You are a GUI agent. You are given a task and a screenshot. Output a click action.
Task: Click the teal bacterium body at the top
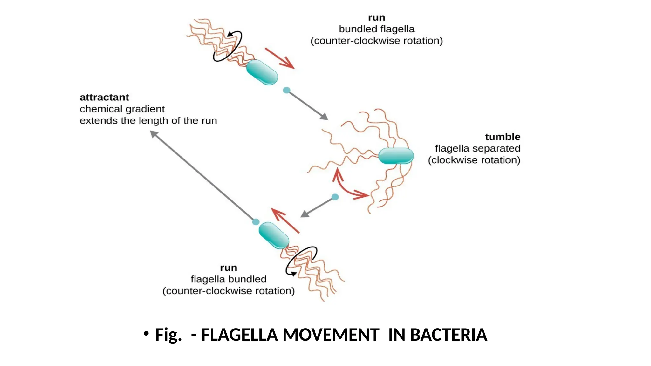(262, 72)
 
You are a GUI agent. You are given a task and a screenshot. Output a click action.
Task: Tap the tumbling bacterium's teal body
(396, 156)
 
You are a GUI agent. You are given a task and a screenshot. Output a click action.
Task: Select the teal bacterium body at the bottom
(274, 235)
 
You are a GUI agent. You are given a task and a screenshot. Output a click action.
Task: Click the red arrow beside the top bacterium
(280, 58)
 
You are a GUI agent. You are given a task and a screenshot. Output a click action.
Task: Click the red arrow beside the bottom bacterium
(285, 220)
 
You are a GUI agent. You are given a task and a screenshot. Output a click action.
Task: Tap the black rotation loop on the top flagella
(228, 46)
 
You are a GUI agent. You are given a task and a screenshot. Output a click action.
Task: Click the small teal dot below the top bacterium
(286, 90)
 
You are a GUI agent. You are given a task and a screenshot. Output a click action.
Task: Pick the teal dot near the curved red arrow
(335, 197)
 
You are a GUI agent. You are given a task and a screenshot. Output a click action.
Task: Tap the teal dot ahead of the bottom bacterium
(256, 222)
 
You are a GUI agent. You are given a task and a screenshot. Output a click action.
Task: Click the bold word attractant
(104, 97)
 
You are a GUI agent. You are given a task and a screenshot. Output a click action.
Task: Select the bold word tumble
(503, 137)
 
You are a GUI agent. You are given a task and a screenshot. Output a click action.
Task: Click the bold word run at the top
(376, 17)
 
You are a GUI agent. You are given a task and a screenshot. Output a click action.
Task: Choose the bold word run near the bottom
(229, 268)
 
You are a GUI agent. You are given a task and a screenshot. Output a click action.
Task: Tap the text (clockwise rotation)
(474, 160)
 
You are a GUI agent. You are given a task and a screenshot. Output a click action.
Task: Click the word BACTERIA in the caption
(449, 335)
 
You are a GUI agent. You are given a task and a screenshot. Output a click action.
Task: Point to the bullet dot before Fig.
(146, 334)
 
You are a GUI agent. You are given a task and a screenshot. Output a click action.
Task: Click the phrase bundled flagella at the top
(377, 29)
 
